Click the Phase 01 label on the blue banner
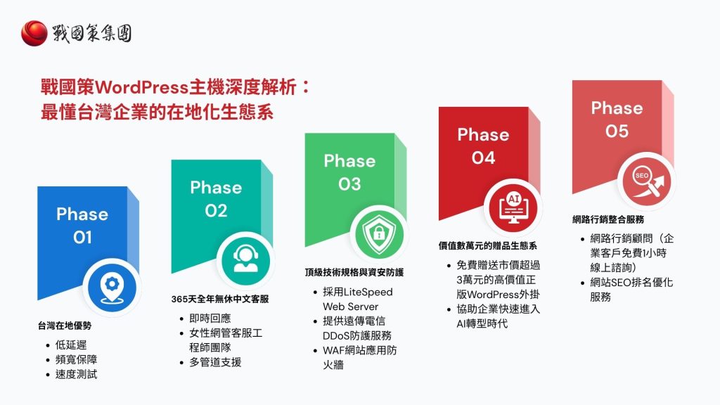point(82,226)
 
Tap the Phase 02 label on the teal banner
point(216,199)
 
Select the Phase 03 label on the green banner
point(349,172)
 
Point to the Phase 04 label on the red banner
point(483,146)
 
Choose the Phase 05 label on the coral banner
point(617,120)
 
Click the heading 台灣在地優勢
point(65,326)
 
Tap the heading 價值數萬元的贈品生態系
point(488,246)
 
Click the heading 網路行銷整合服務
point(608,219)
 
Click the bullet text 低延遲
point(70,345)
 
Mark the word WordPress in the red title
point(141,89)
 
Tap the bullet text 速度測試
point(76,374)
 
